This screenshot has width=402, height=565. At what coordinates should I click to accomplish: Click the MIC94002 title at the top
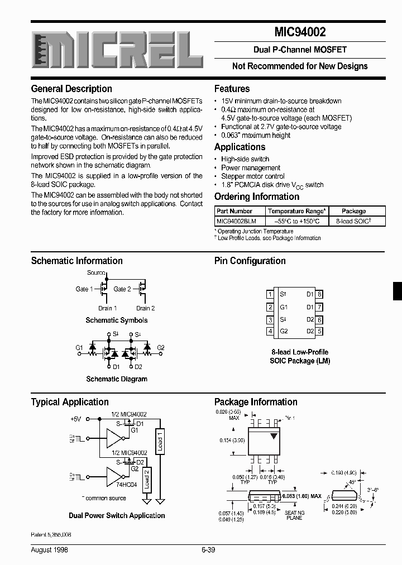(x=300, y=33)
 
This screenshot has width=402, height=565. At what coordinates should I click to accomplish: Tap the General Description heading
(x=71, y=89)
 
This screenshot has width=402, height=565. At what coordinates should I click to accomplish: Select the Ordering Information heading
(x=257, y=197)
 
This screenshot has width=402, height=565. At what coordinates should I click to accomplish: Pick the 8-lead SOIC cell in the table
(x=353, y=221)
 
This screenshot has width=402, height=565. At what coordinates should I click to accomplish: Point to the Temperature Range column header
(x=296, y=212)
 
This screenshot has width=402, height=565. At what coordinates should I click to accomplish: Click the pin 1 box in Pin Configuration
(x=270, y=294)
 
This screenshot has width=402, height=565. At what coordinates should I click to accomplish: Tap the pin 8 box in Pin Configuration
(x=319, y=294)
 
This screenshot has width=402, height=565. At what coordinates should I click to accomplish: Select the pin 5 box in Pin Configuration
(x=319, y=332)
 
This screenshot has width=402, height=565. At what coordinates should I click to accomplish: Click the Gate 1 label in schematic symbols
(x=84, y=289)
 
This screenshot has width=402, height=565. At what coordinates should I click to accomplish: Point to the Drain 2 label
(x=145, y=308)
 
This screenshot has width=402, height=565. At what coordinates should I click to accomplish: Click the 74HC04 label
(x=126, y=485)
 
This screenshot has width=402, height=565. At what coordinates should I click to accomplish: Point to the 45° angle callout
(x=352, y=481)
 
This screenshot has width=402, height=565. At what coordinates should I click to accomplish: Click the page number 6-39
(x=208, y=550)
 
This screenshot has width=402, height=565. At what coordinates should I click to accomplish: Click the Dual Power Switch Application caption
(x=117, y=515)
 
